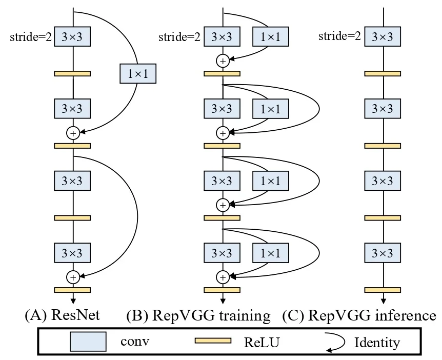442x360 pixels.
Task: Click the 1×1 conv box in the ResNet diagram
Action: pyautogui.click(x=137, y=74)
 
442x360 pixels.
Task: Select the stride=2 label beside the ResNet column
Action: pyautogui.click(x=31, y=37)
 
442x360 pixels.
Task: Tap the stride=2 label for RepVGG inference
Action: pyautogui.click(x=339, y=37)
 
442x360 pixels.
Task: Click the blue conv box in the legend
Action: pyautogui.click(x=88, y=342)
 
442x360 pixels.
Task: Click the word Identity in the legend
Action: pyautogui.click(x=377, y=342)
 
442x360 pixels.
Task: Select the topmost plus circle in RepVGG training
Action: pyautogui.click(x=222, y=61)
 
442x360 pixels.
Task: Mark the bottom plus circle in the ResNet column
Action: pyautogui.click(x=73, y=277)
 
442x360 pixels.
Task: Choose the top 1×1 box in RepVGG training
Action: pyautogui.click(x=271, y=37)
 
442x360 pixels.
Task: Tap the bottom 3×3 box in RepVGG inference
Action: pyautogui.click(x=382, y=252)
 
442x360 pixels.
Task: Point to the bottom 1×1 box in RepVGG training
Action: pyautogui.click(x=271, y=252)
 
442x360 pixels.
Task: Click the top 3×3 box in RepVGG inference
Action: pyautogui.click(x=382, y=37)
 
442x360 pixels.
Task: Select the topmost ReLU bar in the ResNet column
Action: pyautogui.click(x=72, y=74)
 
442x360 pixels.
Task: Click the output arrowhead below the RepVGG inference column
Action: pyautogui.click(x=382, y=301)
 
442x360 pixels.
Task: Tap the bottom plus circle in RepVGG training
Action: pyautogui.click(x=222, y=277)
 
